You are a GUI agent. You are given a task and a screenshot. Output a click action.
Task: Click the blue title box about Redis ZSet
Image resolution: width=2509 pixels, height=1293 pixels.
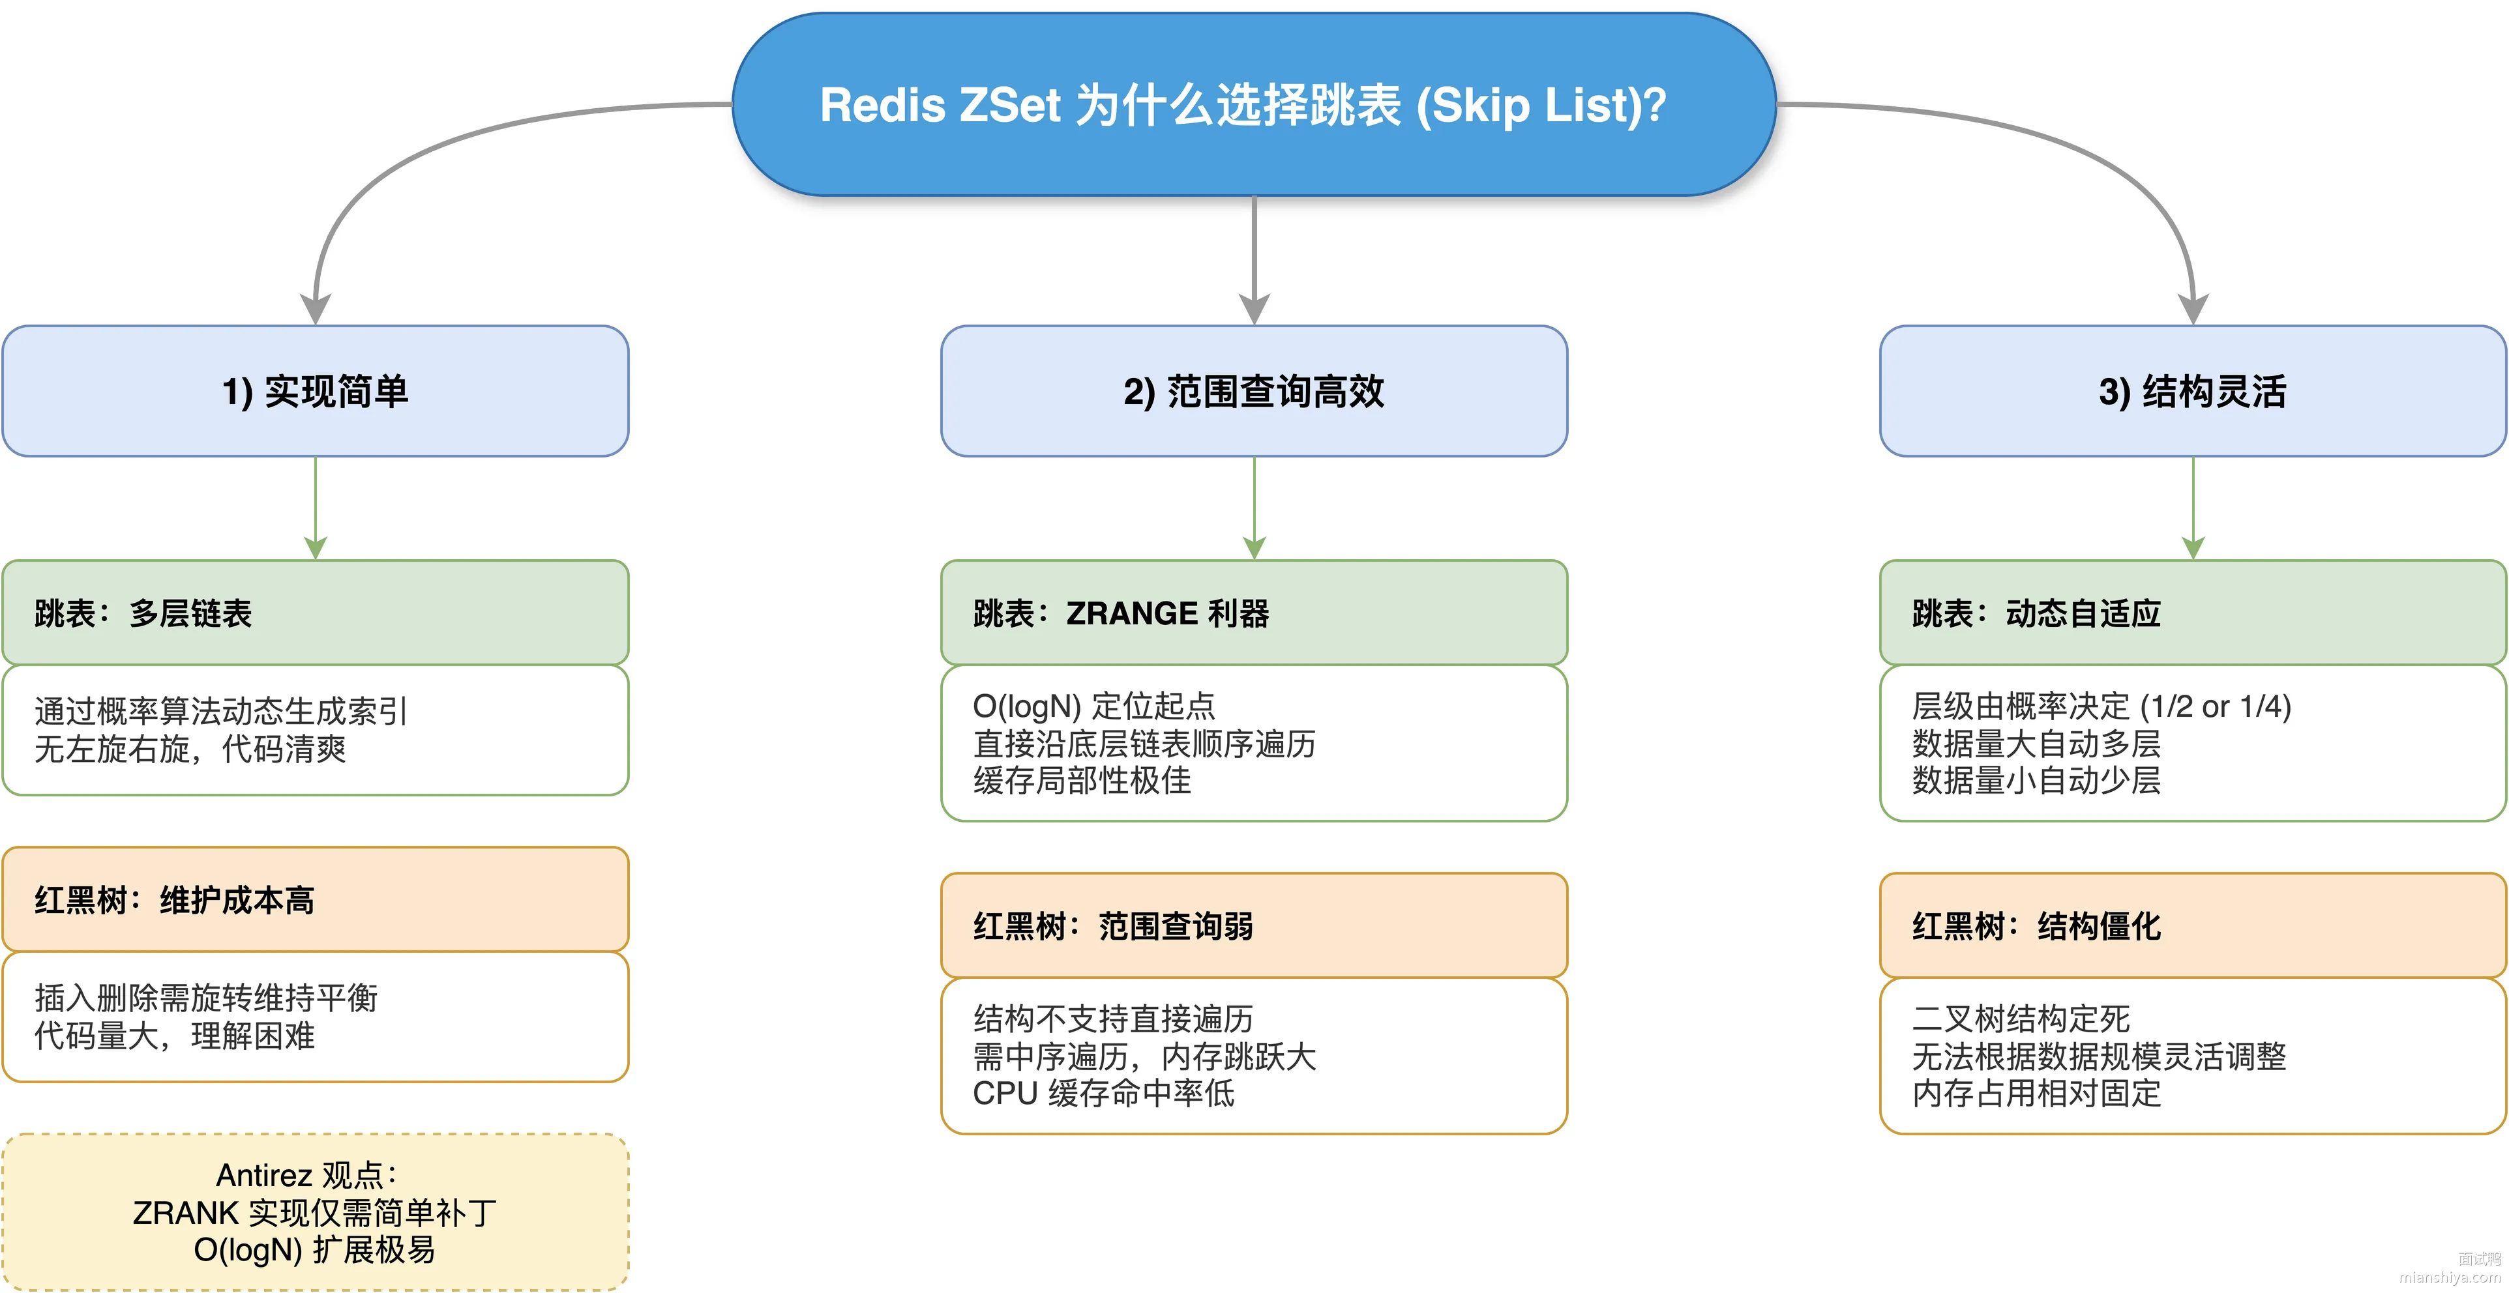pyautogui.click(x=1254, y=104)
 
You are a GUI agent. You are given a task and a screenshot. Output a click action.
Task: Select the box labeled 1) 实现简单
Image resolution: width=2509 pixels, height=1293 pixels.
pyautogui.click(x=316, y=390)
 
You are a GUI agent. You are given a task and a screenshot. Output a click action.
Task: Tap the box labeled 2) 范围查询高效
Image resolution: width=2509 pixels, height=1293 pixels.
pyautogui.click(x=1254, y=390)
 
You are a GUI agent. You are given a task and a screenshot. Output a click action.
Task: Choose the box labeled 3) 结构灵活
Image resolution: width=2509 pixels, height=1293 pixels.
pyautogui.click(x=2193, y=390)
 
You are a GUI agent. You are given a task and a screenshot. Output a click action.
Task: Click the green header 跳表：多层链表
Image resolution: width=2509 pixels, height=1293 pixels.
pyautogui.click(x=316, y=613)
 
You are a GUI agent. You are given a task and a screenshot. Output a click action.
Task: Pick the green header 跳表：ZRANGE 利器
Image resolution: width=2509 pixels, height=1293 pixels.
pyautogui.click(x=1254, y=613)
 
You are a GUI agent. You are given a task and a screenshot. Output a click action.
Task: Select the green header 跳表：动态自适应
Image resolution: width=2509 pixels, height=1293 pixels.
pyautogui.click(x=2193, y=613)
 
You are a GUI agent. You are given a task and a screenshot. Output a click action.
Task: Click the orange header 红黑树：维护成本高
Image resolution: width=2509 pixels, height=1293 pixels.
pyautogui.click(x=316, y=899)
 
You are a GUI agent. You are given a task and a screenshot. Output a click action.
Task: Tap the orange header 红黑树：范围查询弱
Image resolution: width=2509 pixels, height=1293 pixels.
pyautogui.click(x=1254, y=925)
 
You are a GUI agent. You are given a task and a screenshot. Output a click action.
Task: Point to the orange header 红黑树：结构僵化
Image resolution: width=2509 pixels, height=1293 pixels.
pyautogui.click(x=2193, y=925)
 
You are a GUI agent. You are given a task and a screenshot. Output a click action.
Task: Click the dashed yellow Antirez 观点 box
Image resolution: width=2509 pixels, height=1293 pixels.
pyautogui.click(x=316, y=1212)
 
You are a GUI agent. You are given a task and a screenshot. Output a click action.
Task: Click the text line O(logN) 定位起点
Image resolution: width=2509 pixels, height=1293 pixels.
pyautogui.click(x=1094, y=706)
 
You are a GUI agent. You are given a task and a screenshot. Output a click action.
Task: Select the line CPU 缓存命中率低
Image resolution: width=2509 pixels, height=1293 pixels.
pyautogui.click(x=1103, y=1092)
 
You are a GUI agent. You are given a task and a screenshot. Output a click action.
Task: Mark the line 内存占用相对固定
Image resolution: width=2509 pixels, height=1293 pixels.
pyautogui.click(x=2037, y=1092)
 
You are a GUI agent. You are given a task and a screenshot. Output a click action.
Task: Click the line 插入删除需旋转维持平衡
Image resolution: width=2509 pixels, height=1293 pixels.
pyautogui.click(x=205, y=998)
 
